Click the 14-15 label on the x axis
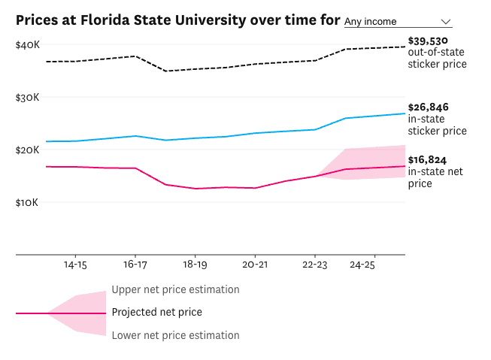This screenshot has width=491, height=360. click(74, 265)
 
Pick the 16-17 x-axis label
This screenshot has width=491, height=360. click(135, 265)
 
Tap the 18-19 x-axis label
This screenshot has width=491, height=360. click(195, 265)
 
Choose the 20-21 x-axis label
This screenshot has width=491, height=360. click(255, 265)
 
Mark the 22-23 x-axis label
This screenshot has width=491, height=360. click(315, 265)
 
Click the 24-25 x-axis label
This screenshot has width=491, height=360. click(363, 265)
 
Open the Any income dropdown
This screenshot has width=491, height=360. click(397, 22)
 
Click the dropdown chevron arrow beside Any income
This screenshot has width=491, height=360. click(446, 22)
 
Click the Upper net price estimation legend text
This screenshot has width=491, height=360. click(175, 289)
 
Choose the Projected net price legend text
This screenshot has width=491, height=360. click(156, 312)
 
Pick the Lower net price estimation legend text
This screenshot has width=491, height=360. click(175, 335)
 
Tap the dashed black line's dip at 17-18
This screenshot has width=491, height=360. click(166, 71)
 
